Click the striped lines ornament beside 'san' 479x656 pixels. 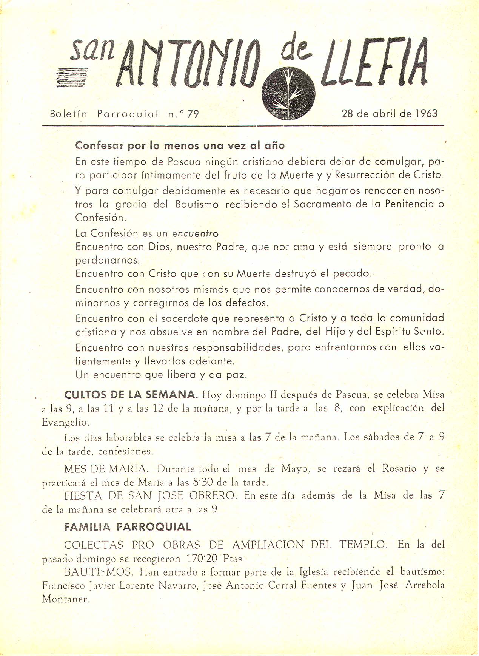(72, 77)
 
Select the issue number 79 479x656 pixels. (193, 114)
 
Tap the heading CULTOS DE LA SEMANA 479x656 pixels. (131, 395)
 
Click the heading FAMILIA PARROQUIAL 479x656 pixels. (128, 527)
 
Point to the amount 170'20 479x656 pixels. (202, 558)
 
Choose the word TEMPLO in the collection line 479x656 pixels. (363, 545)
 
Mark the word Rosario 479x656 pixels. (399, 468)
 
